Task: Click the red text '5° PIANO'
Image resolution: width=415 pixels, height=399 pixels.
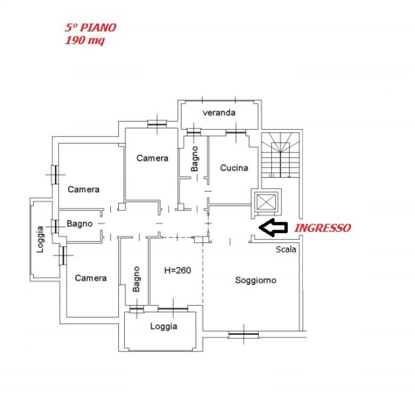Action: coord(90,27)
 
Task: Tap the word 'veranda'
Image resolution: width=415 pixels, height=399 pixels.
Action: coord(219,113)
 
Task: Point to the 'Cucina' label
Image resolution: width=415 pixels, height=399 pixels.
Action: coord(234,168)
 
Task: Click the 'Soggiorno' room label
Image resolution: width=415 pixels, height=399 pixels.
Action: coord(256,280)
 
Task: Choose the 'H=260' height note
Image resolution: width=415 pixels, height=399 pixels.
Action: coord(177,270)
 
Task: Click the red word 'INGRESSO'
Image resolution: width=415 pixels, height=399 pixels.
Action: coord(322,228)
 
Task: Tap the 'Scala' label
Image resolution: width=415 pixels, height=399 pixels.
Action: coord(286,249)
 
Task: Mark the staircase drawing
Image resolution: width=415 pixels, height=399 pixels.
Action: coord(280,156)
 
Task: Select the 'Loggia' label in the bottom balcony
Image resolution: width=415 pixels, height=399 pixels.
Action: coord(163,326)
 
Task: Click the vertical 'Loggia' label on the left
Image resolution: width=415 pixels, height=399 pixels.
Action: coord(40,239)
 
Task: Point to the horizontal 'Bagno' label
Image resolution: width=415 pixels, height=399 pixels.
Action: coord(80,224)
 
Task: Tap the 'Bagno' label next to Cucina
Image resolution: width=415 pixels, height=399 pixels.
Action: coord(195,159)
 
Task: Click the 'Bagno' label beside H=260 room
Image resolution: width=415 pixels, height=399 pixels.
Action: coord(136,279)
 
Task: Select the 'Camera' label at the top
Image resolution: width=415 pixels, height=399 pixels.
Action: coord(152,158)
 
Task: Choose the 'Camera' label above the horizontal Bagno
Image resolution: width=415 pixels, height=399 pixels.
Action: coord(83,189)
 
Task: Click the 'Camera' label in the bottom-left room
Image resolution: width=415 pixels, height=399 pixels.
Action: coord(90,278)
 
